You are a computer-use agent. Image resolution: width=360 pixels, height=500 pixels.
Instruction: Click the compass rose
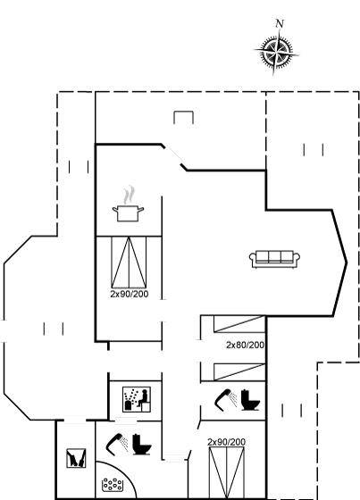click(x=276, y=51)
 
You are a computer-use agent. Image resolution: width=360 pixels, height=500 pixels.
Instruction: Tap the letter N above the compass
click(x=280, y=23)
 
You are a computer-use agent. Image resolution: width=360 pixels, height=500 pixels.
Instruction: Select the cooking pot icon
click(x=128, y=213)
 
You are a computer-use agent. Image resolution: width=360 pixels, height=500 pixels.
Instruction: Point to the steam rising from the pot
click(x=129, y=195)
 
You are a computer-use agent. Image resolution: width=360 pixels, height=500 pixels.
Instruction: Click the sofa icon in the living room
click(x=274, y=259)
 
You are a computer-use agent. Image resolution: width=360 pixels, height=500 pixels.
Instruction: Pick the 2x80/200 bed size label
click(x=245, y=345)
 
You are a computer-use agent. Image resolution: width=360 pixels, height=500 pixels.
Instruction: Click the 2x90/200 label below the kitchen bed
click(x=130, y=294)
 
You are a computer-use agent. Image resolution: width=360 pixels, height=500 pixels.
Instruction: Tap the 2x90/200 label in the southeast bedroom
click(x=227, y=442)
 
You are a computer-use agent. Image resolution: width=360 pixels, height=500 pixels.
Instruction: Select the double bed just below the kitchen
click(x=129, y=262)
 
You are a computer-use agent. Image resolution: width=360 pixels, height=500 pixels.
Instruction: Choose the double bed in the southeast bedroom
click(x=227, y=472)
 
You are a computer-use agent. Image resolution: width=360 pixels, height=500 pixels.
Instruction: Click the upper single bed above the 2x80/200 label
click(x=239, y=324)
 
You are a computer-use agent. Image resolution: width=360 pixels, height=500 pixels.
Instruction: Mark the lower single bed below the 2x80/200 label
click(x=239, y=372)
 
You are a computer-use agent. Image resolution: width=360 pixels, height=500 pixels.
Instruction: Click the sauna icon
click(x=137, y=400)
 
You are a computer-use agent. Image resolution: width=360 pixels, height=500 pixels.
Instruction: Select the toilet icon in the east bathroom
click(x=250, y=400)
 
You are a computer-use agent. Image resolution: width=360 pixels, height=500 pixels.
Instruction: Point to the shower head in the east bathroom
click(x=226, y=398)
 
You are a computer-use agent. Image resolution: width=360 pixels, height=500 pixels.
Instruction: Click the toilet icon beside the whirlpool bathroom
click(x=141, y=445)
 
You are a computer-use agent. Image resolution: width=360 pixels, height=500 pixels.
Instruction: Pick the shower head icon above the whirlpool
click(x=117, y=443)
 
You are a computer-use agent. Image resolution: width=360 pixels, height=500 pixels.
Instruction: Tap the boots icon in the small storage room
click(x=76, y=458)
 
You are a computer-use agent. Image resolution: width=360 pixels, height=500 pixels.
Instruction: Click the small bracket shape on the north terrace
click(x=183, y=117)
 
